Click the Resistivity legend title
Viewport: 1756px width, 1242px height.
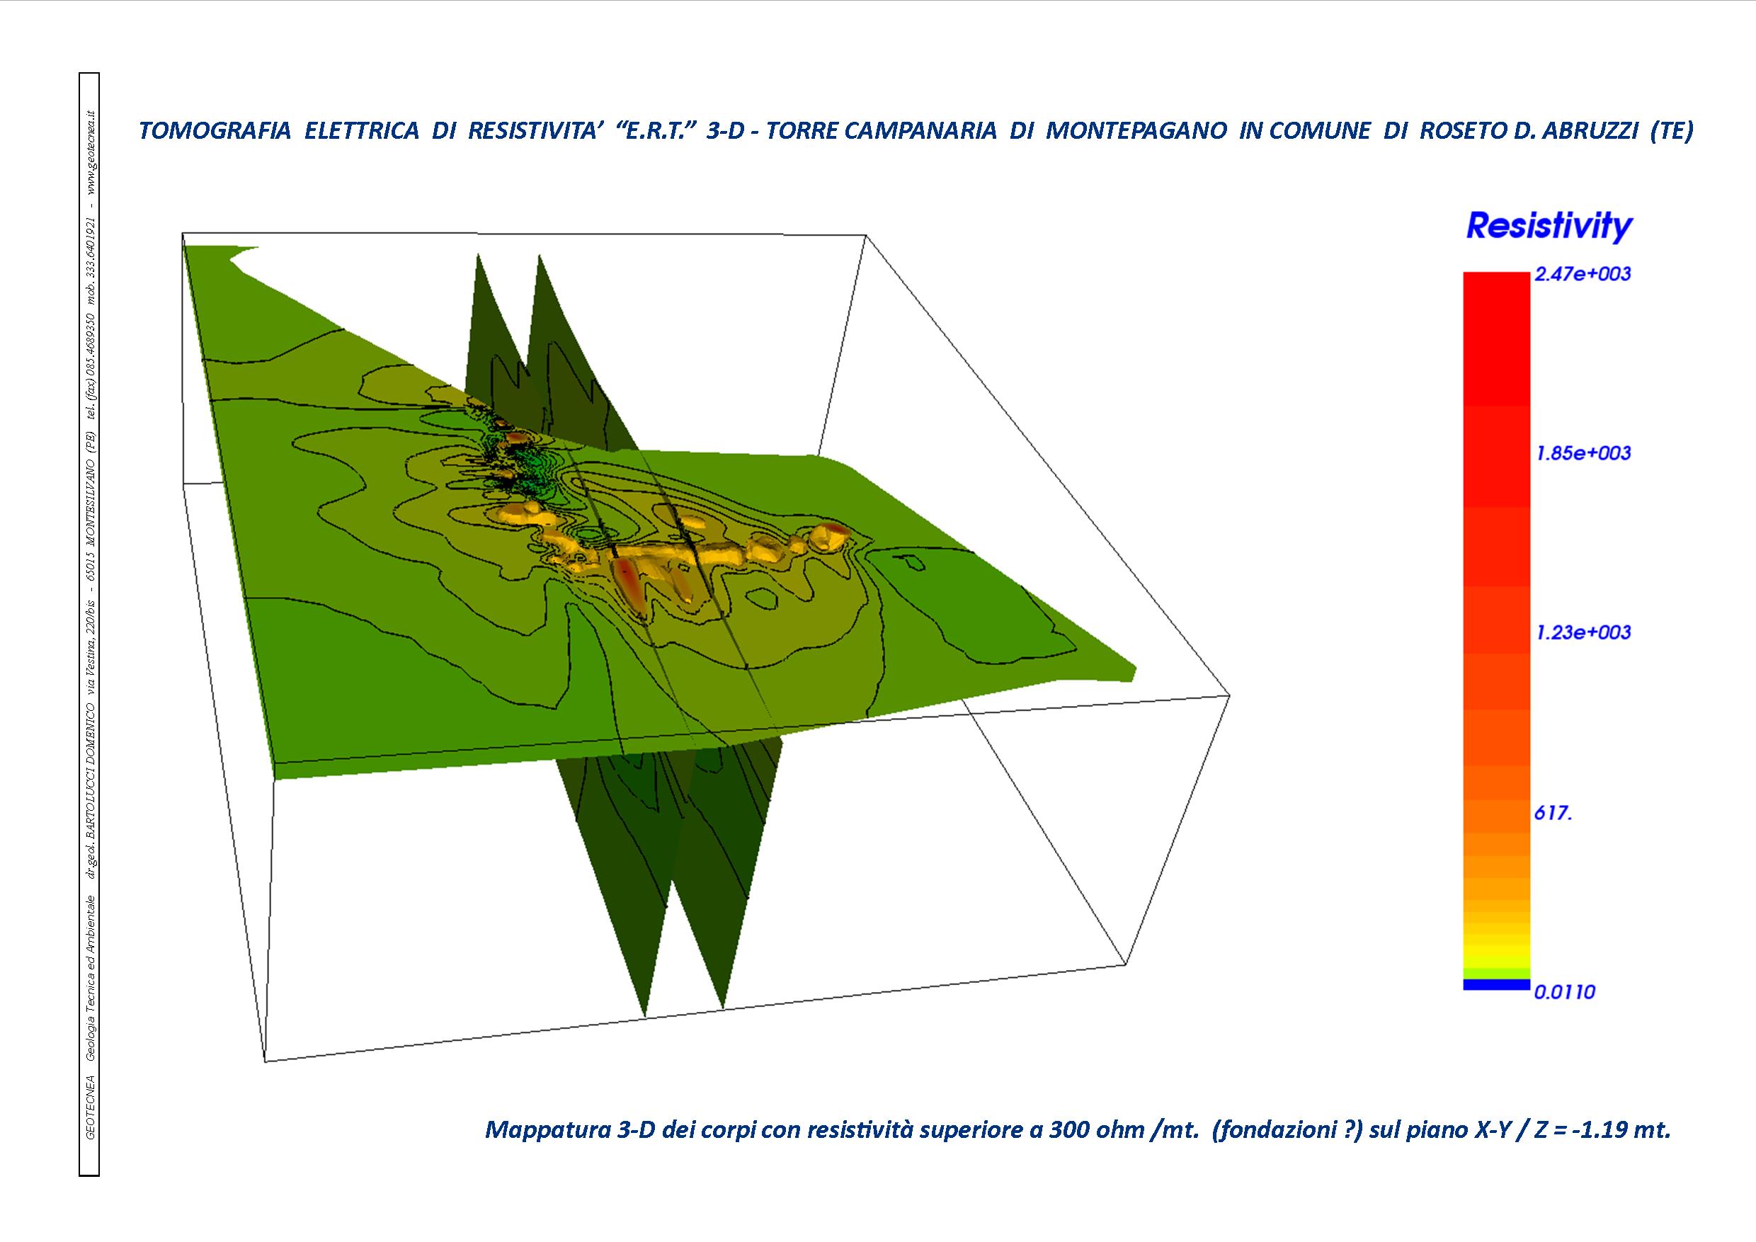point(1549,227)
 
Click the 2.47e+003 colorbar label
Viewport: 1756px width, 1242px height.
point(1583,274)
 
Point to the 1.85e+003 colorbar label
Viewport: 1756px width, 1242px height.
point(1583,453)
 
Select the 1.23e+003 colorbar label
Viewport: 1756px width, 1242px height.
point(1583,632)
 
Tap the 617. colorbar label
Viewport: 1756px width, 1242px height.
point(1553,814)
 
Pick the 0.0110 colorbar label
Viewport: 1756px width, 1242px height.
point(1565,993)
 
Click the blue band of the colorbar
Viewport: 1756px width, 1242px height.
point(1496,984)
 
